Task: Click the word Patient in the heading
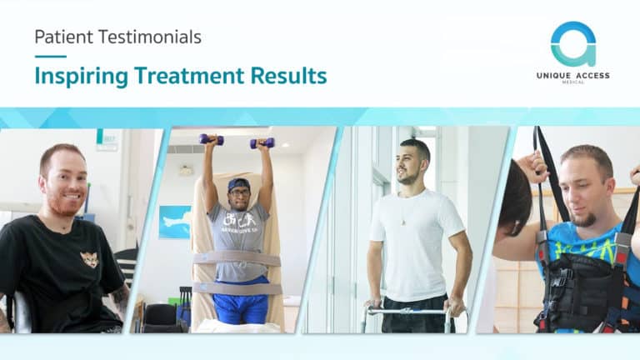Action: click(64, 37)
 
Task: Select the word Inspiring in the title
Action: click(81, 77)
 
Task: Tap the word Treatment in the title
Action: click(189, 76)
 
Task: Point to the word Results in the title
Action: click(288, 76)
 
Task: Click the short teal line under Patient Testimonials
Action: click(51, 57)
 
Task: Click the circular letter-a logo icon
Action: click(573, 43)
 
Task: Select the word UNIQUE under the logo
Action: click(553, 76)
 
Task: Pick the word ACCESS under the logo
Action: click(592, 76)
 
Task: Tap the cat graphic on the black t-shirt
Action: click(89, 259)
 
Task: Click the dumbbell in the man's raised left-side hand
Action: click(211, 140)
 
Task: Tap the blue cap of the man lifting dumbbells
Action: click(239, 184)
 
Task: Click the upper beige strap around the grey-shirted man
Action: click(237, 259)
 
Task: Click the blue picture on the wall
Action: click(175, 222)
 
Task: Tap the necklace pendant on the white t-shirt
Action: click(403, 222)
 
